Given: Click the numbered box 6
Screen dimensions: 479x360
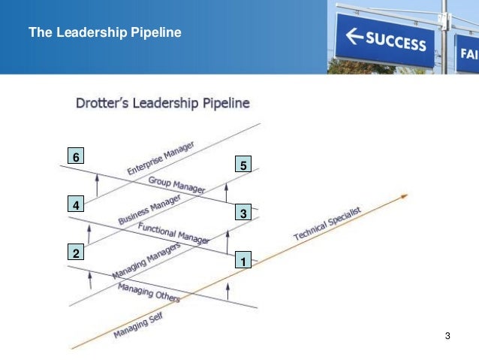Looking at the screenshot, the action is click(x=75, y=157).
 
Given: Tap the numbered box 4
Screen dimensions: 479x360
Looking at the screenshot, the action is click(x=75, y=204).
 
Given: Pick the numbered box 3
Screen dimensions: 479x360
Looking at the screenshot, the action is click(x=243, y=214).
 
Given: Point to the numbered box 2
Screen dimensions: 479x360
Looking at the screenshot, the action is click(x=75, y=253).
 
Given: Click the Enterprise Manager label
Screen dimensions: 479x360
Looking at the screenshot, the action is click(x=161, y=158).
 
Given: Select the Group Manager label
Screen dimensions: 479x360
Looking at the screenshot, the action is click(x=176, y=185).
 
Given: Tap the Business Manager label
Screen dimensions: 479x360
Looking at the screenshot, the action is click(x=149, y=210).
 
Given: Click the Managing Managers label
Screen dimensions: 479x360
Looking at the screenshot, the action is click(x=146, y=260).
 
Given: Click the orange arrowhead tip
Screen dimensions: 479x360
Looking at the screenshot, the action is click(x=407, y=195).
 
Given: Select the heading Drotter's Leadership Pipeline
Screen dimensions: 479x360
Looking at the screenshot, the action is click(x=163, y=104).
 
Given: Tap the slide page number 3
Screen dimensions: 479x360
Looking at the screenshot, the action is click(x=447, y=335).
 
